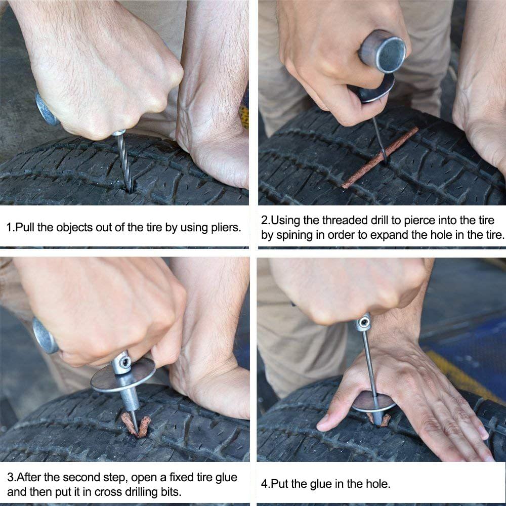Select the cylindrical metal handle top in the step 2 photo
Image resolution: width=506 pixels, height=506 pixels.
(383, 51)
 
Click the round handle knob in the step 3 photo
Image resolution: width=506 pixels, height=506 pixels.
(45, 336)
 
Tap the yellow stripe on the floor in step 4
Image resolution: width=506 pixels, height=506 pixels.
(455, 374)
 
